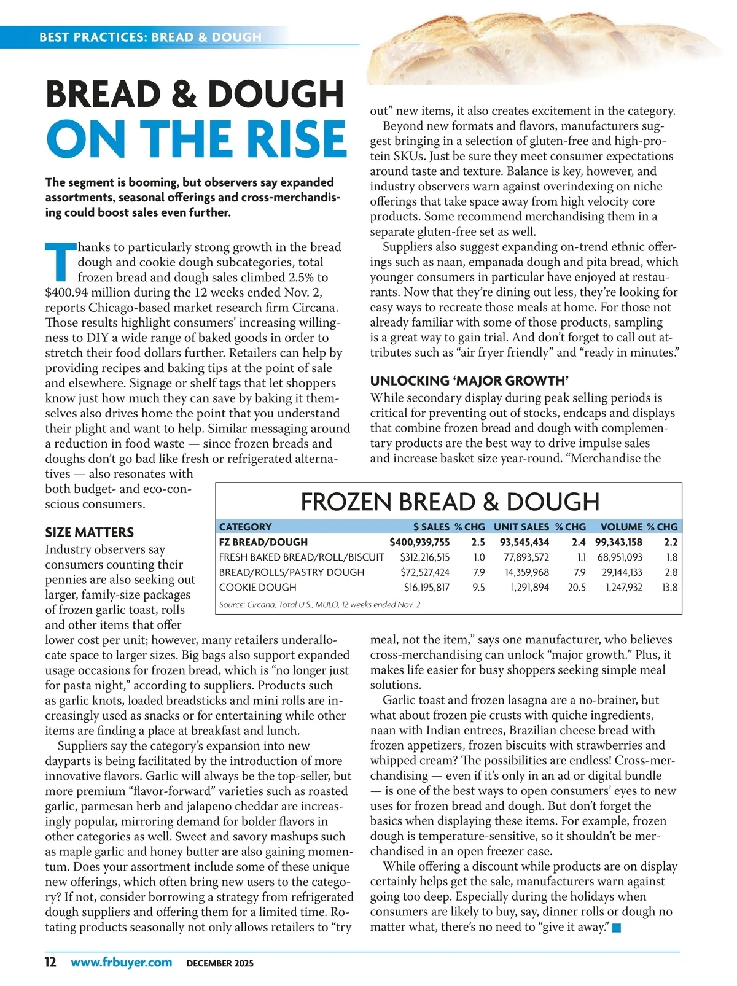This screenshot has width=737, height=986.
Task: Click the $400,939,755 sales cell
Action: pyautogui.click(x=419, y=542)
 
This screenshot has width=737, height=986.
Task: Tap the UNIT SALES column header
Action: pyautogui.click(x=521, y=527)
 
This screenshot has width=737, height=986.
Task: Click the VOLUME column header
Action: pyautogui.click(x=622, y=527)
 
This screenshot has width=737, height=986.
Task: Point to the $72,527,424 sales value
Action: pyautogui.click(x=424, y=572)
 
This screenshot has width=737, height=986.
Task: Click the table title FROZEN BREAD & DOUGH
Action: pyautogui.click(x=450, y=502)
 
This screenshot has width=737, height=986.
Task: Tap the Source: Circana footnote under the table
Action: pyautogui.click(x=319, y=605)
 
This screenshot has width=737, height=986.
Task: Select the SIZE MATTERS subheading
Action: pyautogui.click(x=89, y=532)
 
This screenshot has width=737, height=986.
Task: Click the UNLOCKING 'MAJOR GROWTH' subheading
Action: pyautogui.click(x=467, y=381)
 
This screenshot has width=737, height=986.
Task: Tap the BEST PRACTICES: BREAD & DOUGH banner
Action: pyautogui.click(x=150, y=37)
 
